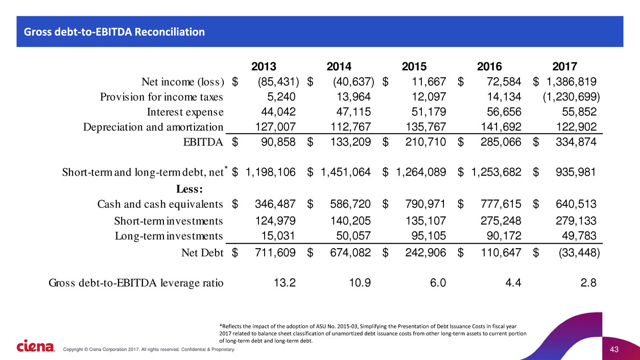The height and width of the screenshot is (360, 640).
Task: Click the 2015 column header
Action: [x=414, y=66]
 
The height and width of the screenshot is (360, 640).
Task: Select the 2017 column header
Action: [x=565, y=66]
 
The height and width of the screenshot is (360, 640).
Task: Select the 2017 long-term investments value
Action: [x=579, y=236]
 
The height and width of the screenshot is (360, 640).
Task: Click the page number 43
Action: [x=614, y=349]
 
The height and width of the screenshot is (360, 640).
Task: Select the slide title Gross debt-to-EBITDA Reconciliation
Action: [x=111, y=32]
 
